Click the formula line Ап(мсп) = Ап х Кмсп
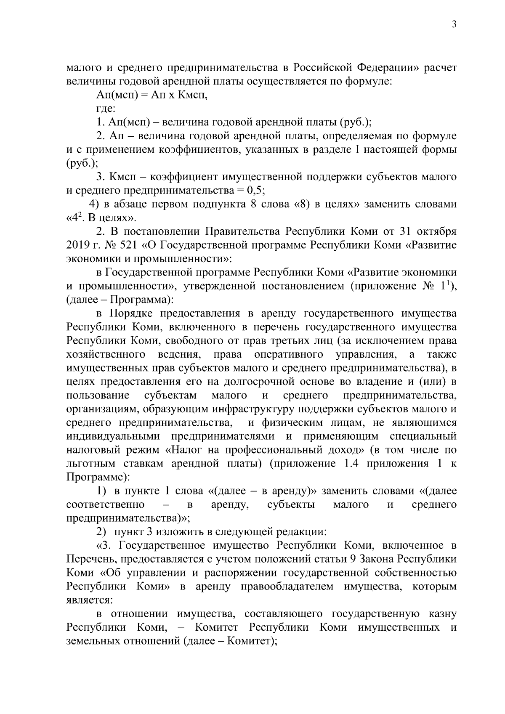pos(152,95)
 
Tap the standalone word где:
pos(106,109)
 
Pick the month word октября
pos(437,231)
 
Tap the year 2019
pos(78,245)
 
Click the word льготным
pos(89,464)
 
